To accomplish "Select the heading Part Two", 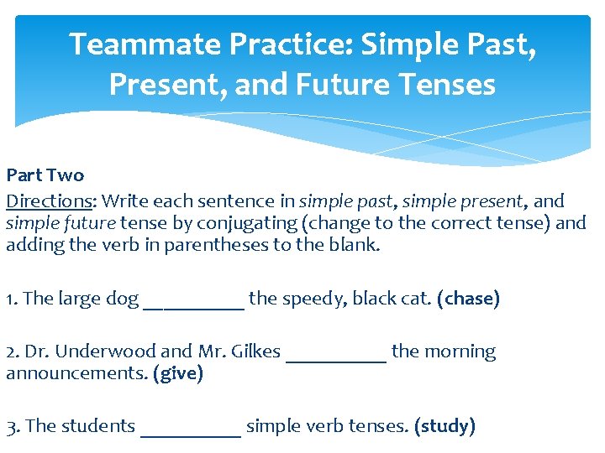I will [x=45, y=175].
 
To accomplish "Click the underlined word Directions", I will [x=48, y=201].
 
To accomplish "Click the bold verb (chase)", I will [x=468, y=299].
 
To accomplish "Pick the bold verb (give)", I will [x=178, y=373].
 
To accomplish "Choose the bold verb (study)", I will [x=445, y=426].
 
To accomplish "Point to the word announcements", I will [x=76, y=373].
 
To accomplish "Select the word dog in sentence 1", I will [x=123, y=299].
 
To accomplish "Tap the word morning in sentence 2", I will [x=460, y=351].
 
